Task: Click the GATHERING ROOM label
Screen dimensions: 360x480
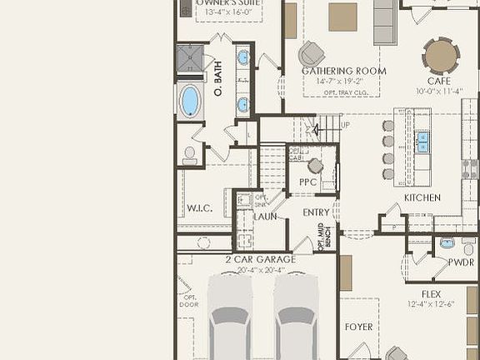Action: (x=343, y=71)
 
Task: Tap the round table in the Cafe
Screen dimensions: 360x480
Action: (x=441, y=56)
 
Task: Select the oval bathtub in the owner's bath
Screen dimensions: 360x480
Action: (x=191, y=101)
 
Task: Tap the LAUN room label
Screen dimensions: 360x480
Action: (x=265, y=217)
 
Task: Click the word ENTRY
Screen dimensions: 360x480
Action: (x=316, y=212)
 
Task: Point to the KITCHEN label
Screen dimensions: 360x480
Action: (x=422, y=197)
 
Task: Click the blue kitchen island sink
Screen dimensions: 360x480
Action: (x=423, y=140)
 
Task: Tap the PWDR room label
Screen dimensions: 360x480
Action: (x=461, y=262)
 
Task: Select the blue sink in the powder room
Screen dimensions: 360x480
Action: (x=447, y=243)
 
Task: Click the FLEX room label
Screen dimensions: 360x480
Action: (x=431, y=294)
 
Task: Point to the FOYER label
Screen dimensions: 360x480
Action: (x=359, y=327)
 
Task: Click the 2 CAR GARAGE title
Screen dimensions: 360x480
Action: (x=254, y=259)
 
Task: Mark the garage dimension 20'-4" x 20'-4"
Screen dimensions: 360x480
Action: (x=254, y=269)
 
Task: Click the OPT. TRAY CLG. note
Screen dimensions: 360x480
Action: (x=343, y=92)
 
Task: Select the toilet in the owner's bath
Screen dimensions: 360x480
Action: (x=190, y=154)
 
